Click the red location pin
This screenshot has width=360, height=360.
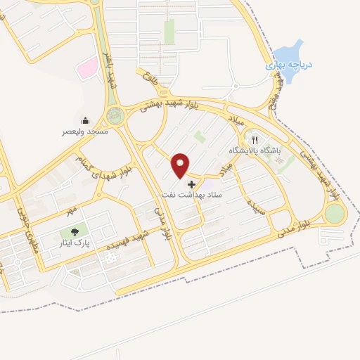(x=181, y=165)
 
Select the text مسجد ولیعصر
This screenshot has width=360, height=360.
(x=85, y=131)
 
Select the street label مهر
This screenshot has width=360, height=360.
(x=68, y=210)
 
